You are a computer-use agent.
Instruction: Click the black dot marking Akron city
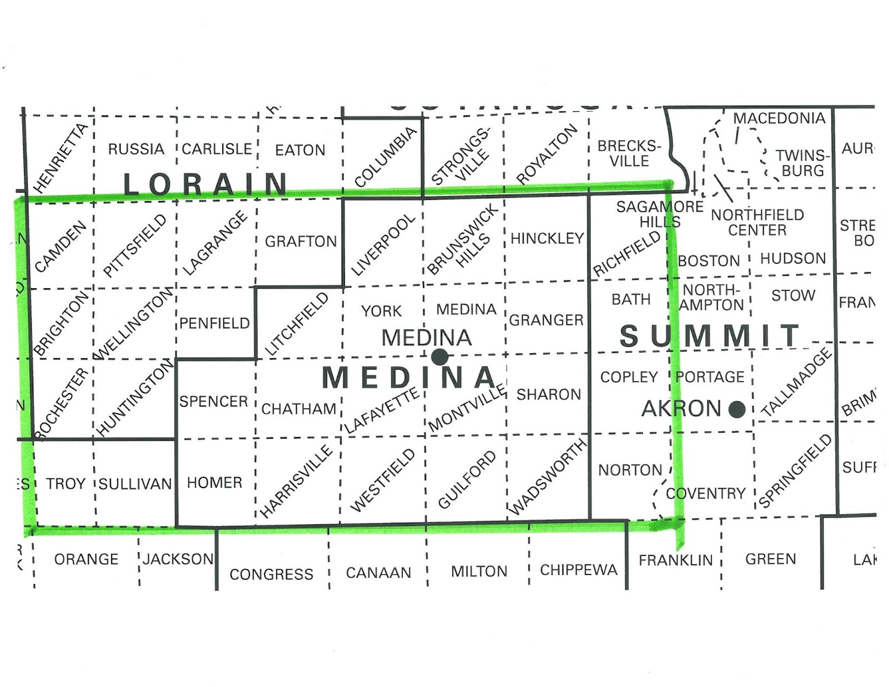point(737,409)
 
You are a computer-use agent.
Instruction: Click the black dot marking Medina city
point(439,357)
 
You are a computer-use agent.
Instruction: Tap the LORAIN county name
point(206,184)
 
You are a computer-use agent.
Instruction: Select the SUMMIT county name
point(710,336)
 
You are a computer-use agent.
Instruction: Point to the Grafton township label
point(301,242)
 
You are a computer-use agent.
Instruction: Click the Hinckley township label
point(547,239)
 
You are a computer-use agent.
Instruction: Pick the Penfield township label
point(214,323)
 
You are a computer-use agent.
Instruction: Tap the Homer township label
point(214,483)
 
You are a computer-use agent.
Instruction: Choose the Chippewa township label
point(578,570)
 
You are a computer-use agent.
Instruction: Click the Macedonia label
point(779,118)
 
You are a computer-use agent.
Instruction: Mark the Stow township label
point(793,295)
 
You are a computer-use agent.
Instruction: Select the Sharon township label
point(548,395)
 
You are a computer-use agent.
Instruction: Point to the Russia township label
point(136,149)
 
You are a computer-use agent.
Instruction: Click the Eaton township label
point(300,150)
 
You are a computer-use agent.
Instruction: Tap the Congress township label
point(271,574)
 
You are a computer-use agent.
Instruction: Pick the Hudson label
point(793,259)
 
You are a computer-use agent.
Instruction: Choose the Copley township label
point(629,377)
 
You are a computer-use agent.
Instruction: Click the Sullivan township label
point(136,484)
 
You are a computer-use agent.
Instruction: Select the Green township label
point(771,559)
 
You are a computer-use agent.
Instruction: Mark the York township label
point(381,311)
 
